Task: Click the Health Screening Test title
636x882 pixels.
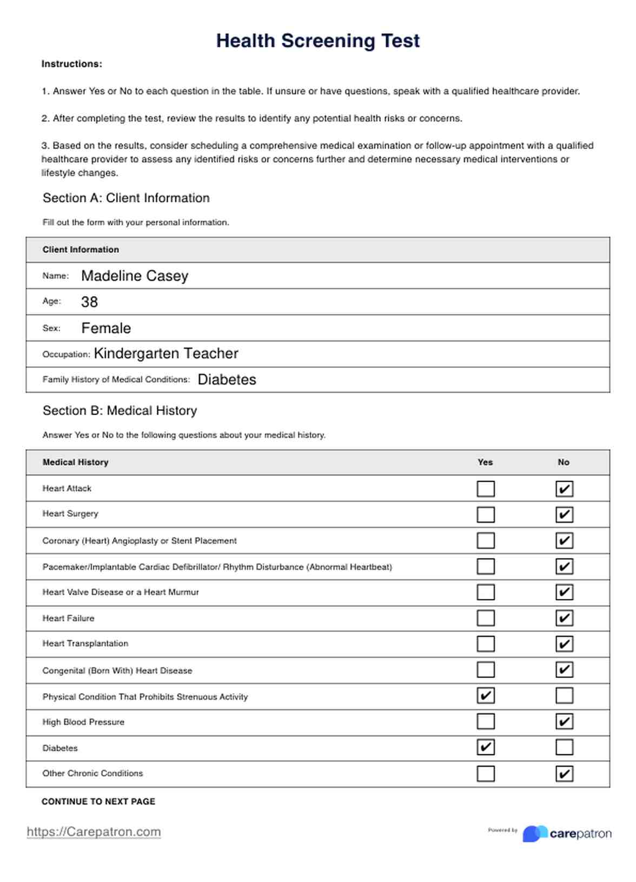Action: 318,41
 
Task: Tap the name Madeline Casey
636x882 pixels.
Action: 135,276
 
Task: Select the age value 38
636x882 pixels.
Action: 89,302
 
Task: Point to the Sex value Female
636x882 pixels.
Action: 106,328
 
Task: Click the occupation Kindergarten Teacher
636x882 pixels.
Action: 166,354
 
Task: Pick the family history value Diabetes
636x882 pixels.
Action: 227,380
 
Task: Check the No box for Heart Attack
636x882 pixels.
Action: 564,489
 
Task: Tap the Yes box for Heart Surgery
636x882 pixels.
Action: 486,515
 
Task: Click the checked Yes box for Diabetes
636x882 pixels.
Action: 486,748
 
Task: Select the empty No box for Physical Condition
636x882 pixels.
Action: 564,696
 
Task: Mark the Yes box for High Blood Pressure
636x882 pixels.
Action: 486,722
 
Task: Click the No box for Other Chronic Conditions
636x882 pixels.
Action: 564,774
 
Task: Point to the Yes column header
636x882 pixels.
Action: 485,463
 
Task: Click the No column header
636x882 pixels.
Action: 564,463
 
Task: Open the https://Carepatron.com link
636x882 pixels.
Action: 94,832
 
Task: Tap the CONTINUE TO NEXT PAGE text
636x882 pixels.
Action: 98,801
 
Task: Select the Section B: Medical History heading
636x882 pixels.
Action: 120,411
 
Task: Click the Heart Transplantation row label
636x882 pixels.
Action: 85,643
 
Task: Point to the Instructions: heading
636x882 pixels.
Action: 72,64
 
